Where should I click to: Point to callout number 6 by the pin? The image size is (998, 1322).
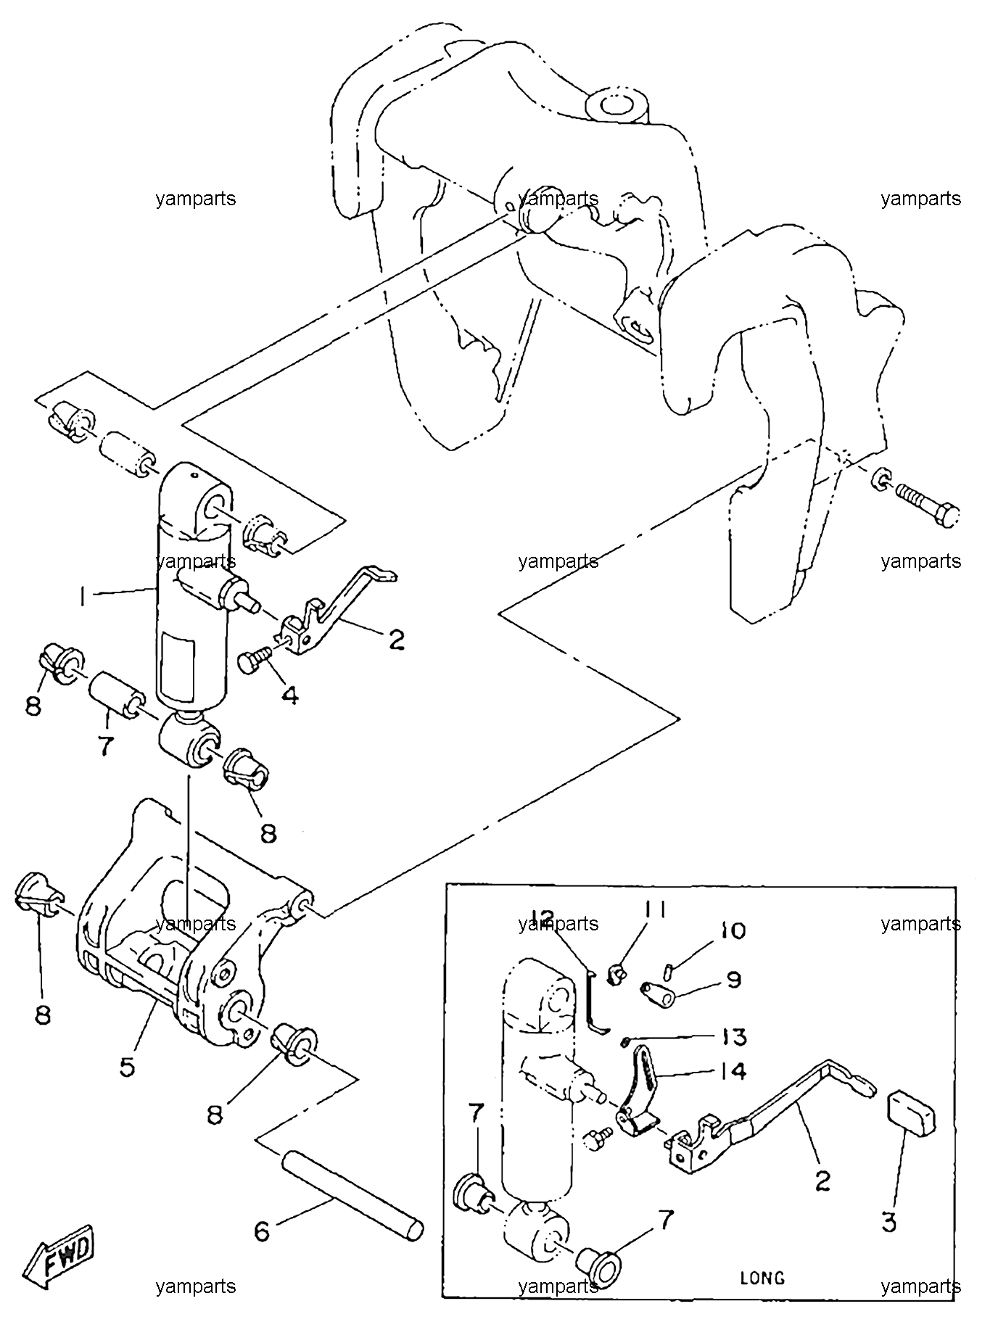[x=263, y=1231]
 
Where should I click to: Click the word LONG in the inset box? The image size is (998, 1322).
[x=762, y=1278]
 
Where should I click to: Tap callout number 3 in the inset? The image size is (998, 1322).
[x=889, y=1222]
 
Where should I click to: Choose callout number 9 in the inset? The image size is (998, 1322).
[x=733, y=980]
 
